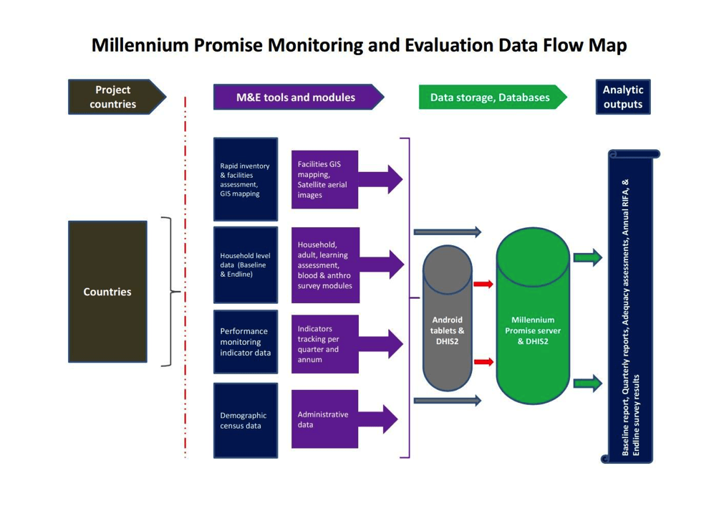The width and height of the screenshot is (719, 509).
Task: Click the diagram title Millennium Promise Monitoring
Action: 359,45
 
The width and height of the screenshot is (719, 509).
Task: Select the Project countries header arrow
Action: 115,97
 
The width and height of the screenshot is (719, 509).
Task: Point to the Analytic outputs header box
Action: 622,97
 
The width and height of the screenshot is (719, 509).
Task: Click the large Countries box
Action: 107,292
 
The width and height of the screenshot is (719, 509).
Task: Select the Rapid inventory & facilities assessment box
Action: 245,179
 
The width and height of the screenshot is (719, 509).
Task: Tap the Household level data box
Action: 245,265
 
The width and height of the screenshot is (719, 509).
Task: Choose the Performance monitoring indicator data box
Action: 245,342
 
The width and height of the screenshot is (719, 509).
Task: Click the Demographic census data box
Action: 245,420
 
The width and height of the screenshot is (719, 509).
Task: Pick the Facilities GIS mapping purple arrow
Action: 340,179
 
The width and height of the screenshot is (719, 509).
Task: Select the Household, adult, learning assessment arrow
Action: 340,265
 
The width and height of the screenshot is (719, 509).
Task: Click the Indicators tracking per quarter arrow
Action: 340,344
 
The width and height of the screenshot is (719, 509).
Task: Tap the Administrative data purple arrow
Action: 340,419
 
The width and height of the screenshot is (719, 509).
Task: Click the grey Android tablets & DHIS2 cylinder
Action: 448,319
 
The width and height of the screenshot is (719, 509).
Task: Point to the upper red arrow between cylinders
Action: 484,285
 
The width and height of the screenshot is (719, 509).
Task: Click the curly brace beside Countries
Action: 169,292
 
